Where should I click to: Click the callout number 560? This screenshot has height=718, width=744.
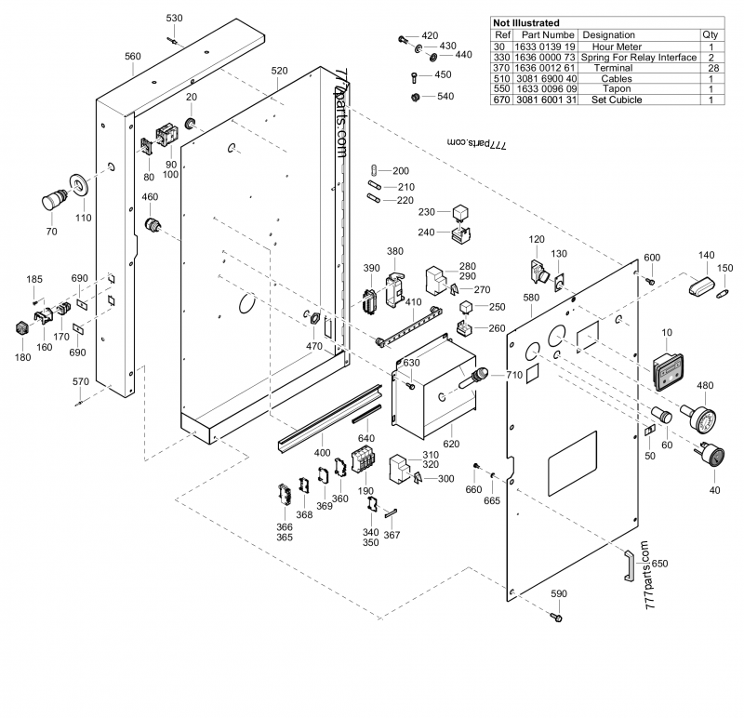[x=133, y=56]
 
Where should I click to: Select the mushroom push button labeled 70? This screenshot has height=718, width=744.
[x=54, y=197]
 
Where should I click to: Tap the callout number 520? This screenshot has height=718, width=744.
[x=279, y=71]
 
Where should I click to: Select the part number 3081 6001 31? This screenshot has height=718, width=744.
[x=544, y=100]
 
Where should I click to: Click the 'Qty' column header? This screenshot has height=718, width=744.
[x=711, y=34]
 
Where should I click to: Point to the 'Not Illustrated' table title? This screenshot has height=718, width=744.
[x=526, y=22]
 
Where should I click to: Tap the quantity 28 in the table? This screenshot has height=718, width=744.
[x=711, y=68]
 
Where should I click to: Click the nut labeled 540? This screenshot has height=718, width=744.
[x=415, y=97]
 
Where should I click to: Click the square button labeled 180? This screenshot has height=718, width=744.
[x=20, y=328]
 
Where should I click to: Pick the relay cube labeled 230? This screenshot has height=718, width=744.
[x=460, y=213]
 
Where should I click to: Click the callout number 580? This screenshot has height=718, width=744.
[x=530, y=298]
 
